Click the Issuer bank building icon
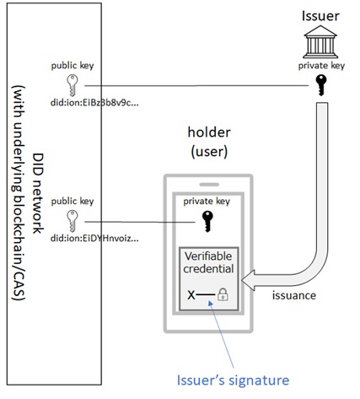click(320, 41)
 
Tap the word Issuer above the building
click(320, 16)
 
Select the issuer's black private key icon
click(321, 85)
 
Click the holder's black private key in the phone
click(207, 222)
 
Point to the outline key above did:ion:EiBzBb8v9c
click(73, 85)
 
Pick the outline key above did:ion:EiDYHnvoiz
click(73, 221)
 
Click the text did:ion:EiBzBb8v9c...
click(94, 103)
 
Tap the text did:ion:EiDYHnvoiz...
click(94, 239)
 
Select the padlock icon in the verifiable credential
click(223, 294)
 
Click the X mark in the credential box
click(191, 295)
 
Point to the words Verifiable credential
click(208, 262)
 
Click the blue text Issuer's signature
click(233, 380)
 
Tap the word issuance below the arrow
click(294, 295)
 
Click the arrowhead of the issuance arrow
click(248, 280)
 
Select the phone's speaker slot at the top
click(209, 185)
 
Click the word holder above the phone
click(209, 132)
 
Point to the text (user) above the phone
click(209, 152)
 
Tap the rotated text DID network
click(38, 193)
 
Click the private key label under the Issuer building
click(321, 66)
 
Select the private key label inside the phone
click(207, 202)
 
